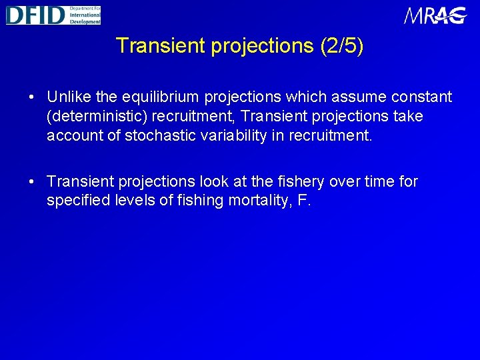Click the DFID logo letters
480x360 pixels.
(x=35, y=15)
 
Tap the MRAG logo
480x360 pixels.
(x=435, y=15)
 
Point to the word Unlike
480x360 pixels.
(x=70, y=97)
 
